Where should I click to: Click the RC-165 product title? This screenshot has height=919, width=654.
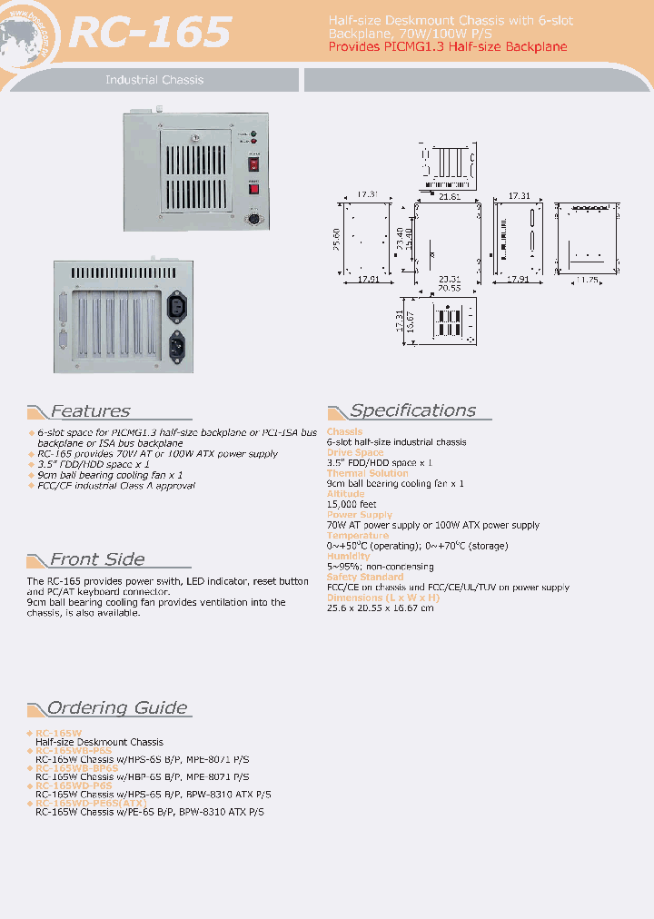(x=150, y=33)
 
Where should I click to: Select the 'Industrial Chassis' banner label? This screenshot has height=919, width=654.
(x=154, y=80)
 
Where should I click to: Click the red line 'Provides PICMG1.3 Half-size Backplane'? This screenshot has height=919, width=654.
(x=447, y=46)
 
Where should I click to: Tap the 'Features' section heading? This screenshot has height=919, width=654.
(x=90, y=411)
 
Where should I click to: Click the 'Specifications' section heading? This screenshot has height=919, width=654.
(x=412, y=410)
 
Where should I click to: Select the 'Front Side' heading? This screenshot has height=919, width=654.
(x=96, y=559)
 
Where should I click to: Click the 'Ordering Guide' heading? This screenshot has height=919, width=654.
(x=117, y=708)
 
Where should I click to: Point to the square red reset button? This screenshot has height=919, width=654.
(x=254, y=189)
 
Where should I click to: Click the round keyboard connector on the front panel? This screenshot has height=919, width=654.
(x=255, y=220)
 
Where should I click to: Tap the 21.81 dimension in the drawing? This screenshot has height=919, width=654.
(x=449, y=196)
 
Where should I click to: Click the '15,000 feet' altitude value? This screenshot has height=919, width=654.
(x=352, y=504)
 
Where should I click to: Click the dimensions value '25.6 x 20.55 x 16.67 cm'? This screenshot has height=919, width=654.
(x=380, y=608)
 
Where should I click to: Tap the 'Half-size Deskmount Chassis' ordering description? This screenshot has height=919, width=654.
(x=99, y=743)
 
